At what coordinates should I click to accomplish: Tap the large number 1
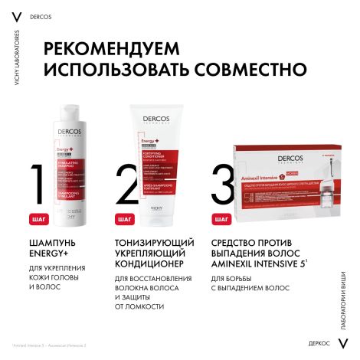pos(32,185)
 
